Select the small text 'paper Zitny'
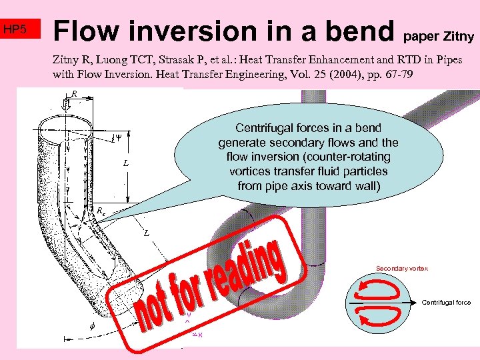point(439,35)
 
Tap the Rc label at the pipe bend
point(100,211)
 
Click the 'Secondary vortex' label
point(401,268)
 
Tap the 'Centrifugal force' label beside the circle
point(446,303)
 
